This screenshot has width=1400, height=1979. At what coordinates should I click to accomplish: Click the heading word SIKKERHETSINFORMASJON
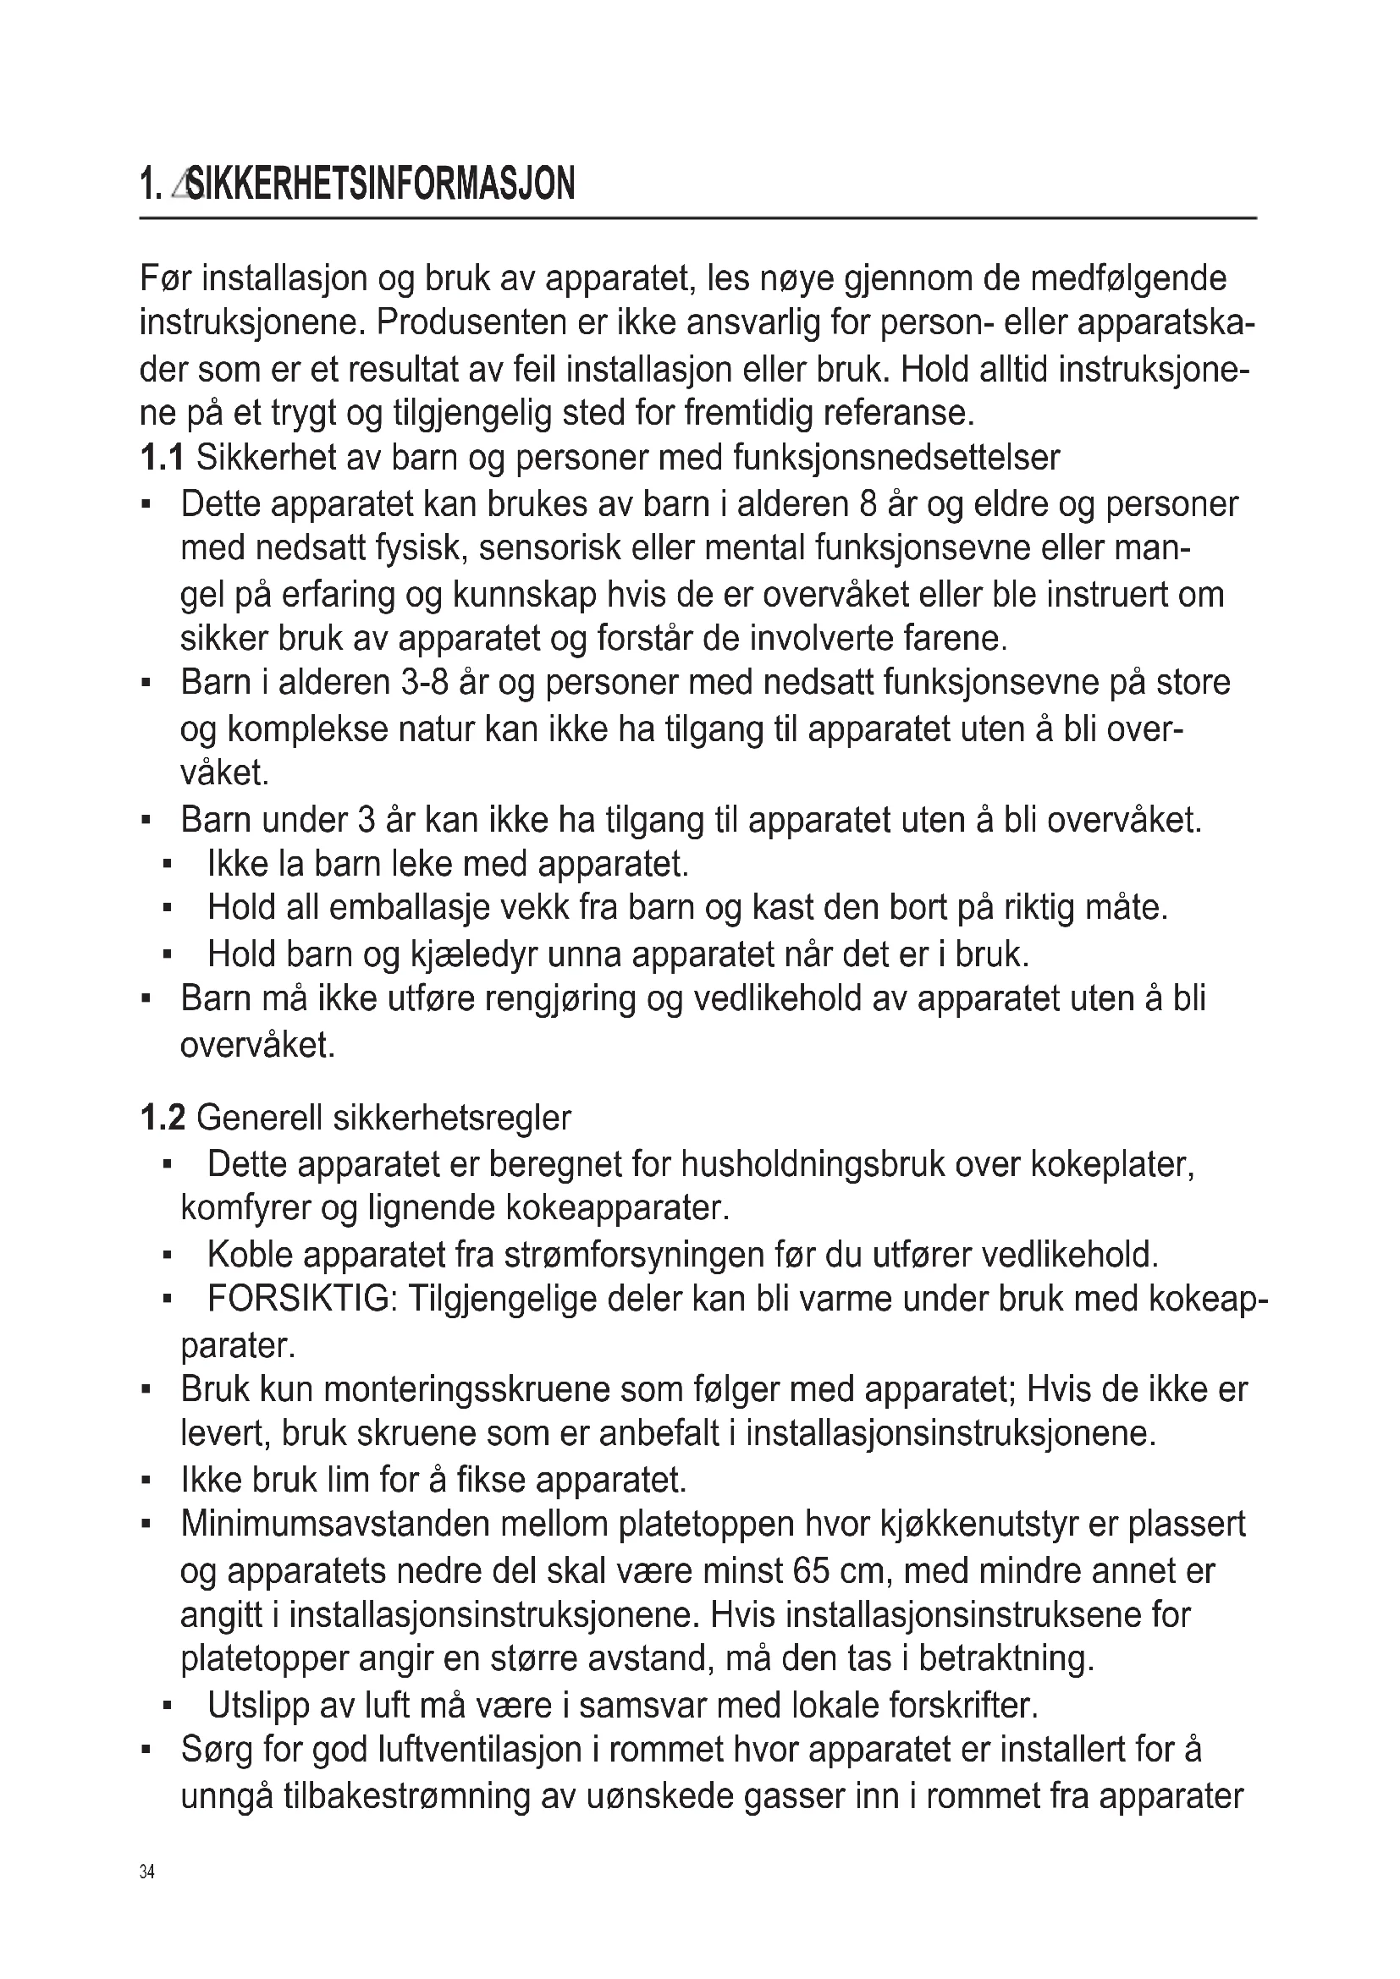click(x=380, y=184)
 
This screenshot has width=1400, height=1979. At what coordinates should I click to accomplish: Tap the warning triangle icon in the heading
click(x=179, y=184)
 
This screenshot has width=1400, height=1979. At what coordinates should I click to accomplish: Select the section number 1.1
click(x=161, y=458)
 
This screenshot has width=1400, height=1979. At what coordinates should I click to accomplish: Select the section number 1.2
click(x=162, y=1119)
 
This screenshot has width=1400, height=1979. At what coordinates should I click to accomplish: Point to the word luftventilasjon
click(x=480, y=1751)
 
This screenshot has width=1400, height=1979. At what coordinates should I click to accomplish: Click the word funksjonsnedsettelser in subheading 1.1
click(x=896, y=458)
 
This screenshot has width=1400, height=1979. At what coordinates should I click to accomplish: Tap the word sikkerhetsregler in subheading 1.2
click(x=452, y=1119)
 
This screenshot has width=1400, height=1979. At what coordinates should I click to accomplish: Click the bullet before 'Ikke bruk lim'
click(x=146, y=1481)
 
